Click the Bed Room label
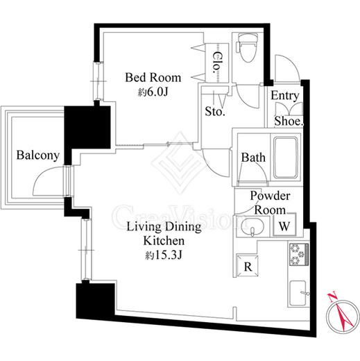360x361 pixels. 153,78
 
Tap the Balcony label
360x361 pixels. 38,155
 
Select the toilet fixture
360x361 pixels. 247,47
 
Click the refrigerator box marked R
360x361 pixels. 247,266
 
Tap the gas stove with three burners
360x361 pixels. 299,254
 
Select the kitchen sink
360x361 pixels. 299,294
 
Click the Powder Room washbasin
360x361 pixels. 252,227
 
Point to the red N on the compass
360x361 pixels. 332,298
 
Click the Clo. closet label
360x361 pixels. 217,62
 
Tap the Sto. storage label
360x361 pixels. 215,112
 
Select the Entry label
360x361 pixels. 284,96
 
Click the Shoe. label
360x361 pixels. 289,121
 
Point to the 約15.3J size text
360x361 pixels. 164,255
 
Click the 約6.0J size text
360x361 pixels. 153,92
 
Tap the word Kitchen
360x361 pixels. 164,241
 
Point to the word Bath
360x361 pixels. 253,158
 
